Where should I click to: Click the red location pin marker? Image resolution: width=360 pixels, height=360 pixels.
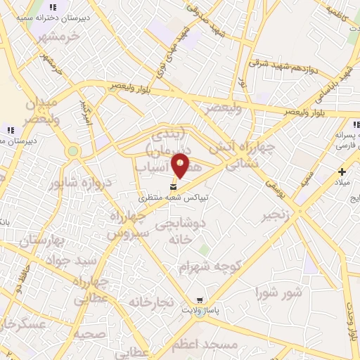pyautogui.click(x=181, y=165)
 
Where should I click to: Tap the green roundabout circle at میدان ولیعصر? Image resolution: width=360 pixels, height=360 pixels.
pyautogui.click(x=72, y=151)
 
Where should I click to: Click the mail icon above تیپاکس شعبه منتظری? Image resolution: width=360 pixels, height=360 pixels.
pyautogui.click(x=174, y=187)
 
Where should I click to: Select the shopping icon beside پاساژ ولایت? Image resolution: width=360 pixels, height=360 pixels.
pyautogui.click(x=200, y=300)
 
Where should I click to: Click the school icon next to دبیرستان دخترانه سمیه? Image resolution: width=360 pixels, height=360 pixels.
pyautogui.click(x=52, y=7)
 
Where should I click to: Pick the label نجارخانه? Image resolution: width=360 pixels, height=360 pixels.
pyautogui.click(x=150, y=302)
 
